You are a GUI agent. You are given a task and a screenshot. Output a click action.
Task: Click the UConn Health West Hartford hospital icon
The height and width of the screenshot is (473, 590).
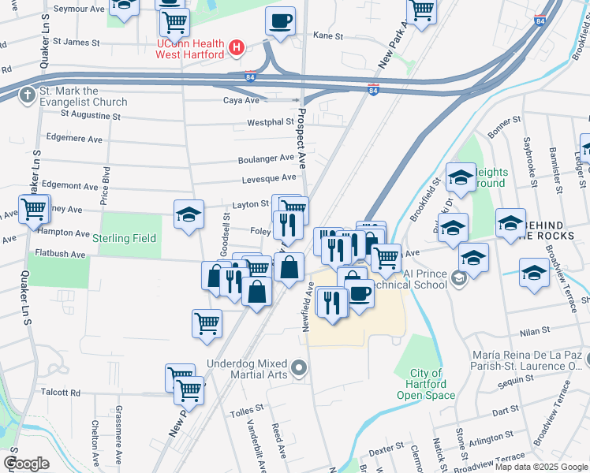[x=235, y=49]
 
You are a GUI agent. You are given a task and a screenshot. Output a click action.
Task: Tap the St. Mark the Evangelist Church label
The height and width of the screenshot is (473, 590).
[x=83, y=96]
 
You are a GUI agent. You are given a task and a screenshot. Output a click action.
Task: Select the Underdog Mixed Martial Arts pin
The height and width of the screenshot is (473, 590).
[x=299, y=368]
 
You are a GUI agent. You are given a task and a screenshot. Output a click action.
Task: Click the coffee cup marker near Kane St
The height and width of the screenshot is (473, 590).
[x=279, y=21]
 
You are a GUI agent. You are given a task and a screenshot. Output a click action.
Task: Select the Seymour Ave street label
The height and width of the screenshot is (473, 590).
[x=79, y=9]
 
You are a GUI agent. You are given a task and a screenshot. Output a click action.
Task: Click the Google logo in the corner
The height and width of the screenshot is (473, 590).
[x=26, y=464]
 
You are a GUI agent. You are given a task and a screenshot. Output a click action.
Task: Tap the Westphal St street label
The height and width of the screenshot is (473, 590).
[x=271, y=122]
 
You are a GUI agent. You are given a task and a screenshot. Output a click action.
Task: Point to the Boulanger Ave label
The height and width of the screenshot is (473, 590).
[x=266, y=159]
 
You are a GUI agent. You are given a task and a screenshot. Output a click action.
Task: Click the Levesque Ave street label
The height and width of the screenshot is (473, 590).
[x=269, y=179]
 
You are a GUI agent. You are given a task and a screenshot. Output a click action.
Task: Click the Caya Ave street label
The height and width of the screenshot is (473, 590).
[x=241, y=101]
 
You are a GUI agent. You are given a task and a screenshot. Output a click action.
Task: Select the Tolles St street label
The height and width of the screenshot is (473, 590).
[x=245, y=413]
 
